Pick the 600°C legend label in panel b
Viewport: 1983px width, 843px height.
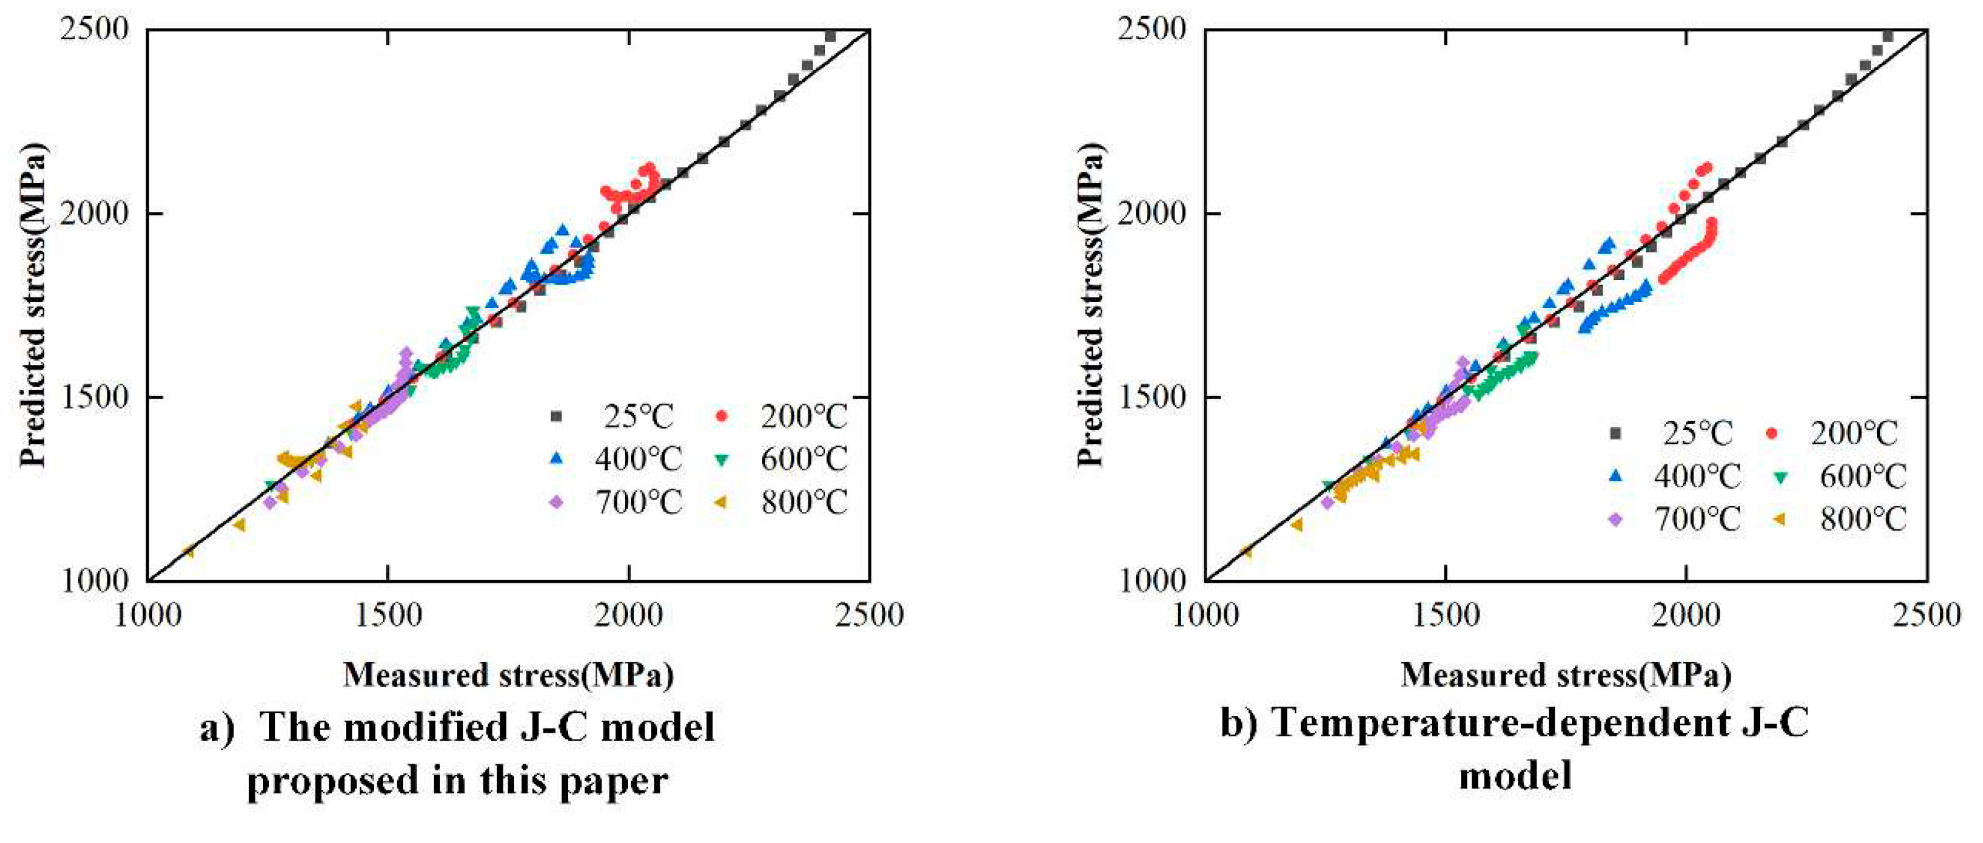coord(1863,477)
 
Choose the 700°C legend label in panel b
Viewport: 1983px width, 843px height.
coord(1697,519)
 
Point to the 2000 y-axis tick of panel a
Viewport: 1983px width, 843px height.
coord(93,213)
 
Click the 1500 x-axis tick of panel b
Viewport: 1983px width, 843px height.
coord(1446,614)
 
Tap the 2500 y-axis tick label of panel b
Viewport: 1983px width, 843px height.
coord(1151,29)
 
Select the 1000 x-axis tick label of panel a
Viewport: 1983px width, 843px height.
coord(148,614)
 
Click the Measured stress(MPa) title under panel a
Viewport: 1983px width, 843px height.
coord(508,675)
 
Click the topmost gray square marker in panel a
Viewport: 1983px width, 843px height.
coord(830,36)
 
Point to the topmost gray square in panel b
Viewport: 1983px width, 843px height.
coord(1888,36)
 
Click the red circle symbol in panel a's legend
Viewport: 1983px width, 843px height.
coord(722,417)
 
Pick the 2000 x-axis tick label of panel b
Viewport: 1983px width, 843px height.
coord(1686,614)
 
